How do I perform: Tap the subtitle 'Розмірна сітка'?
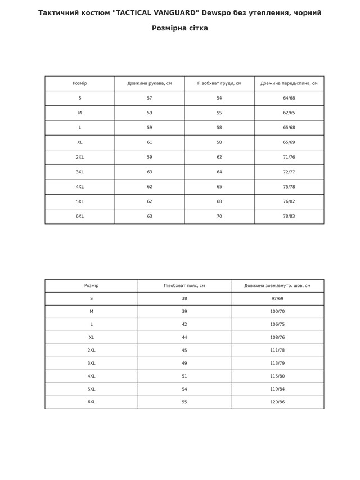click(180, 28)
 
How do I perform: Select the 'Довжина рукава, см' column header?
click(150, 83)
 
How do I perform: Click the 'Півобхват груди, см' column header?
click(219, 83)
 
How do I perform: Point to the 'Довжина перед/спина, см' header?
click(289, 83)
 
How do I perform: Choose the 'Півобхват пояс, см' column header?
click(184, 286)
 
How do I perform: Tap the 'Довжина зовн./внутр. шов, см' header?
click(277, 286)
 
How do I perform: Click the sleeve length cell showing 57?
click(150, 98)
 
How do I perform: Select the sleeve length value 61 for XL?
click(150, 142)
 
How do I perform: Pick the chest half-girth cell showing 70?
click(219, 217)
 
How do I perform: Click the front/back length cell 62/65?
click(289, 113)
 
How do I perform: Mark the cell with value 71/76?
click(289, 158)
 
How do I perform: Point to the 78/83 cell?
click(289, 217)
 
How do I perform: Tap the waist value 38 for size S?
click(184, 299)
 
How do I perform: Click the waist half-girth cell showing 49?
click(184, 364)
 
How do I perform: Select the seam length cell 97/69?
click(277, 299)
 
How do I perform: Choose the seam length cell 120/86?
click(277, 402)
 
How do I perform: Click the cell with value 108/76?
click(277, 338)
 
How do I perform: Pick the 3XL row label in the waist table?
click(92, 364)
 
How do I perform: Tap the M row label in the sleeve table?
click(80, 113)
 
